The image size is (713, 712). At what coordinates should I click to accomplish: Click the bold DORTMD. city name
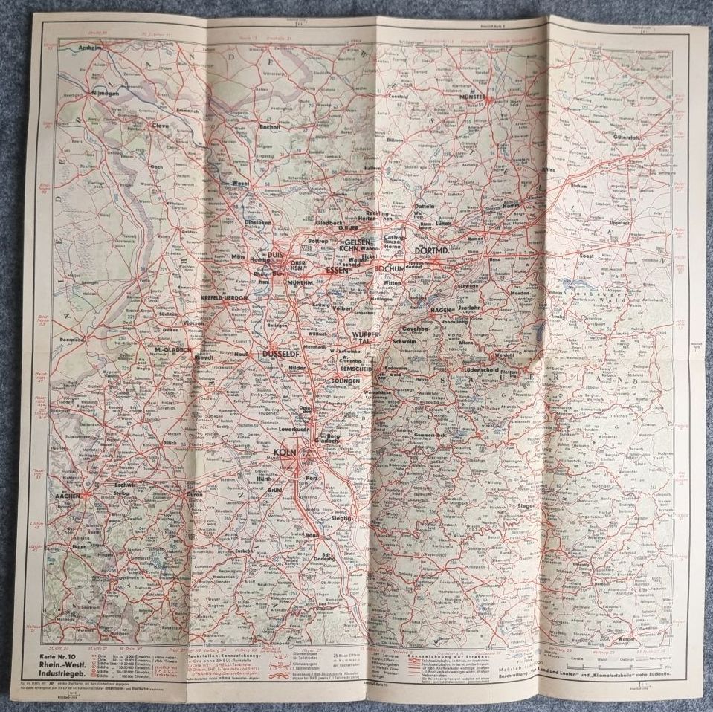(x=437, y=250)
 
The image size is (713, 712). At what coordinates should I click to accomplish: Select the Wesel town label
(x=239, y=183)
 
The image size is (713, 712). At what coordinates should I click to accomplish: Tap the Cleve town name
(x=161, y=126)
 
